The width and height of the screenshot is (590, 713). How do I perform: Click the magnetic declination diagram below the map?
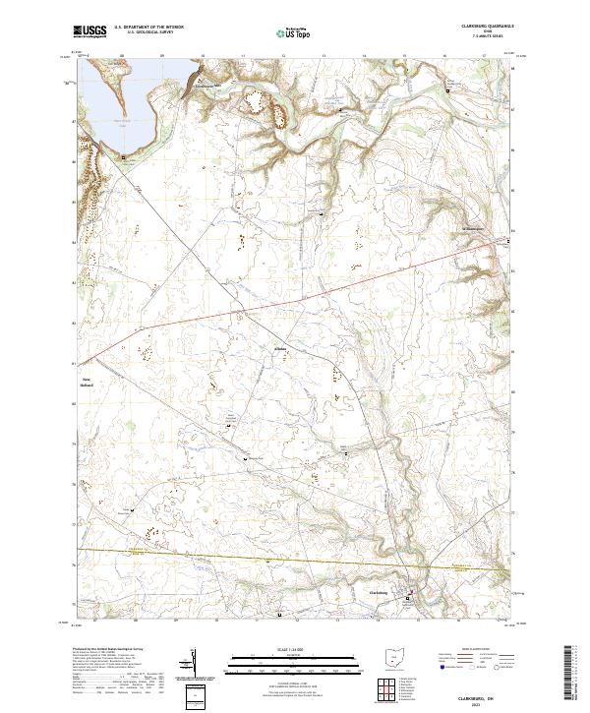tap(194, 664)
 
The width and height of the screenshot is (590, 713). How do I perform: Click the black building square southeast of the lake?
tap(124, 156)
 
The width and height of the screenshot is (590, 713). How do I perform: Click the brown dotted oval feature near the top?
tap(258, 100)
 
